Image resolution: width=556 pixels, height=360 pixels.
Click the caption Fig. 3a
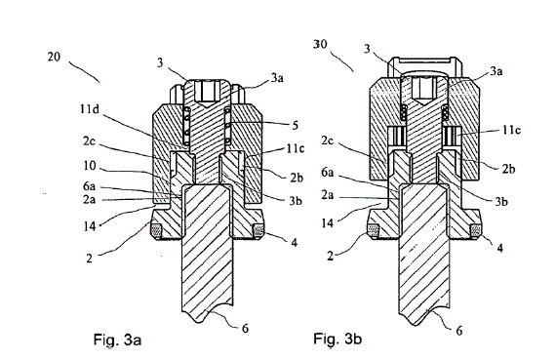click(117, 340)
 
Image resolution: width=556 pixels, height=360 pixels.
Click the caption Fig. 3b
click(338, 339)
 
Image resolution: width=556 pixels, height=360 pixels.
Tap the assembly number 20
click(54, 57)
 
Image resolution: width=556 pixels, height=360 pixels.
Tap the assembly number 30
click(320, 44)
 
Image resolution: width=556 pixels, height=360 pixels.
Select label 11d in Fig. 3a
click(89, 109)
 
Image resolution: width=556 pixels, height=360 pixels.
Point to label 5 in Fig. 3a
click(295, 126)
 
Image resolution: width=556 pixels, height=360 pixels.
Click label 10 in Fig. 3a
click(90, 165)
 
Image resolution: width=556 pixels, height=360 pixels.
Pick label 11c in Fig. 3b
click(511, 130)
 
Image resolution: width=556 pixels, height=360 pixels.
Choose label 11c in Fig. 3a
click(295, 148)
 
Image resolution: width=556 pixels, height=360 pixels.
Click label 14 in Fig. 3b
click(328, 223)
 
